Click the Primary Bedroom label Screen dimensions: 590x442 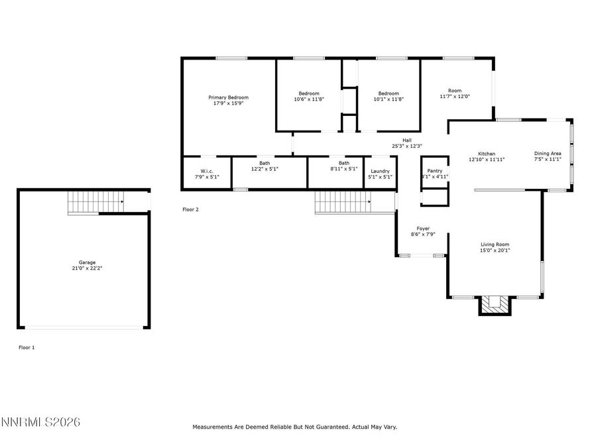229,97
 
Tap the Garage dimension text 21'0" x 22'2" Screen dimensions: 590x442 87,268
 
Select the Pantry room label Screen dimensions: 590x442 435,171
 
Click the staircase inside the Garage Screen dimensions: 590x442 95,203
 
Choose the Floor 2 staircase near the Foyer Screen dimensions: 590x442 343,202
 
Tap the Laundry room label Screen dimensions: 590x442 380,171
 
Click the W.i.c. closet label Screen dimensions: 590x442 207,171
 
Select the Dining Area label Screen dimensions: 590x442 548,154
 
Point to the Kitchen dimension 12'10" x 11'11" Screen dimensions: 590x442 487,160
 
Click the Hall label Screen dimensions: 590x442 407,140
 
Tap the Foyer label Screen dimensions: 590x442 423,229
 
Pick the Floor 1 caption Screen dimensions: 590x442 27,348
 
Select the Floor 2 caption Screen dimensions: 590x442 190,209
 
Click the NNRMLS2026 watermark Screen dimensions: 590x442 40,422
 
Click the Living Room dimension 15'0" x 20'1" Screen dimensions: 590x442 495,250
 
